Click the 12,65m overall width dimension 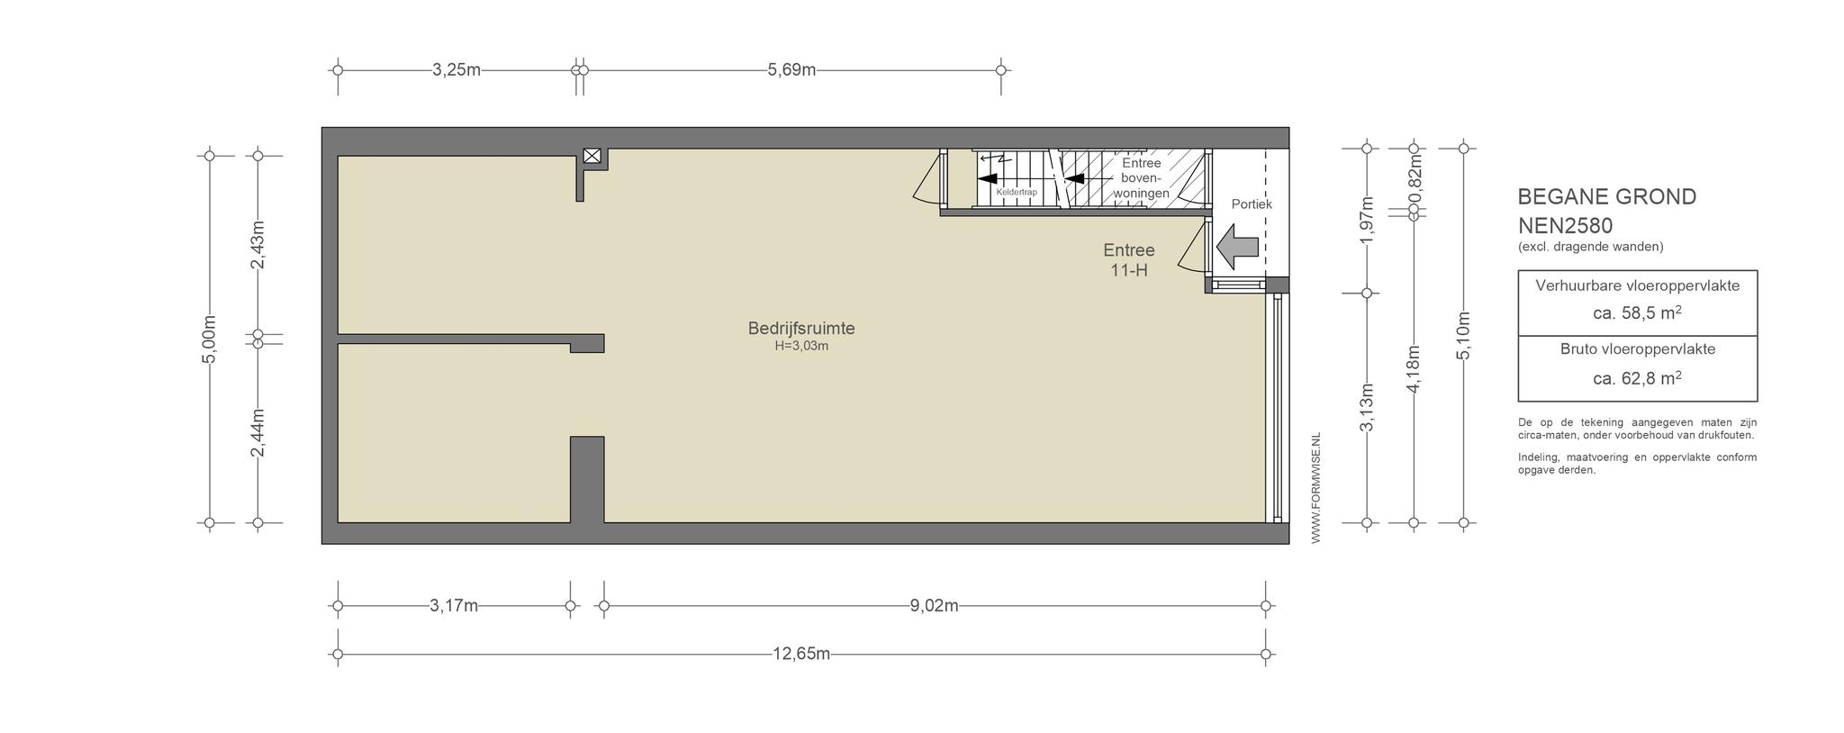(x=801, y=654)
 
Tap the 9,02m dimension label (x=934, y=605)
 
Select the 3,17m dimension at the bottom (x=454, y=605)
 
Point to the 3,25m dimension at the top (x=456, y=69)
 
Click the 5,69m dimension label (x=791, y=69)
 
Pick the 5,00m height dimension (x=209, y=339)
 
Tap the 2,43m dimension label (x=258, y=244)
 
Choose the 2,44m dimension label (x=258, y=432)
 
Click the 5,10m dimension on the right (x=1463, y=335)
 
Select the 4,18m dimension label (x=1414, y=368)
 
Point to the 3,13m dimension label (x=1367, y=407)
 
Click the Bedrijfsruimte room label (x=801, y=329)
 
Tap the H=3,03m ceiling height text (x=801, y=346)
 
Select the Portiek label (x=1252, y=204)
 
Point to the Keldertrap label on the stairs (x=1017, y=192)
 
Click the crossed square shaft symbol (x=592, y=156)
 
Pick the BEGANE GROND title (x=1607, y=196)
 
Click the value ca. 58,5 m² (x=1637, y=312)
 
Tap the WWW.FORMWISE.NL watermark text (x=1315, y=488)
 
